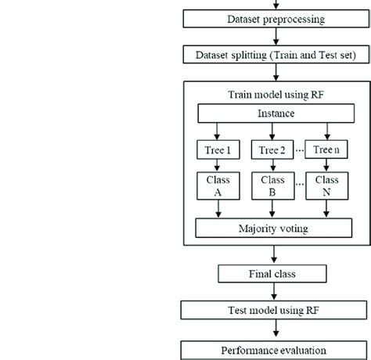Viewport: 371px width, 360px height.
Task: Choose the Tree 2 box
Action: point(271,151)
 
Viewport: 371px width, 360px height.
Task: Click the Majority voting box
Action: point(272,229)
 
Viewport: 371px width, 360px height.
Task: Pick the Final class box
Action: point(272,274)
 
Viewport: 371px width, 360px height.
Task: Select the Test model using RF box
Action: point(272,311)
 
